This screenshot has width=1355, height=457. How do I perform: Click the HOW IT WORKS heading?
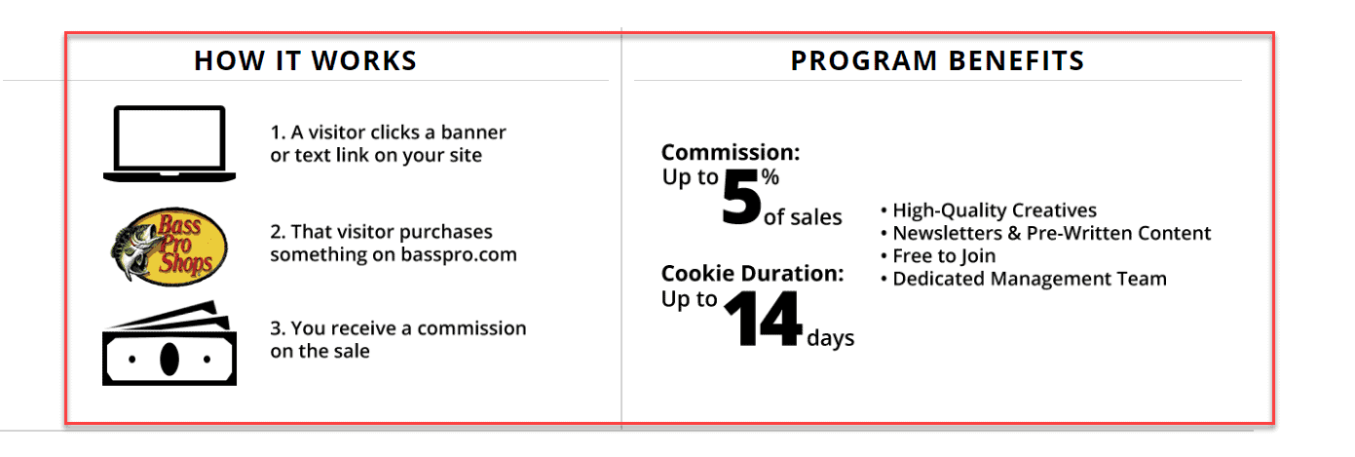tap(306, 60)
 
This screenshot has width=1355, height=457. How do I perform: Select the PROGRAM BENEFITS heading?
tap(938, 60)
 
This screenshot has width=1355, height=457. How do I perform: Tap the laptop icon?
tap(169, 143)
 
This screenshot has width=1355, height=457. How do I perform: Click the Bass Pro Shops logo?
tap(169, 247)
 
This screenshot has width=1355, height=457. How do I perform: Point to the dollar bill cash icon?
tap(169, 343)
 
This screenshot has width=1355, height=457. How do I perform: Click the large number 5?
tap(741, 197)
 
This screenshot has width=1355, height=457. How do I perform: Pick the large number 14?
tap(764, 319)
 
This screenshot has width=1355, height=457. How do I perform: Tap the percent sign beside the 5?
tap(771, 176)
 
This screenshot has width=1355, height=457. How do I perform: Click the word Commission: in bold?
tap(731, 152)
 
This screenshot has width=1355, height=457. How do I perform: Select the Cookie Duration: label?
tap(753, 273)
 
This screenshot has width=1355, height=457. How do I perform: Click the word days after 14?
tap(831, 338)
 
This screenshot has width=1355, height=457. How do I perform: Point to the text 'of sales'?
tap(803, 216)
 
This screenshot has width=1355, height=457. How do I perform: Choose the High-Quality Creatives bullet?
tap(989, 210)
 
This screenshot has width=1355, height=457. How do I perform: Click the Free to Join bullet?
tap(938, 256)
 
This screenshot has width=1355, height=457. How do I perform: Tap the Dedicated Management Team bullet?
tap(1024, 279)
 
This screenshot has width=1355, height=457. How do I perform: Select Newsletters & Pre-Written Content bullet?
tap(1046, 233)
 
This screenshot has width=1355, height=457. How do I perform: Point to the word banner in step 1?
tap(473, 132)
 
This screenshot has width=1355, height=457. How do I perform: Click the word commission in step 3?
tap(471, 328)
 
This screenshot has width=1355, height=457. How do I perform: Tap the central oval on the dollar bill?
tap(169, 359)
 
